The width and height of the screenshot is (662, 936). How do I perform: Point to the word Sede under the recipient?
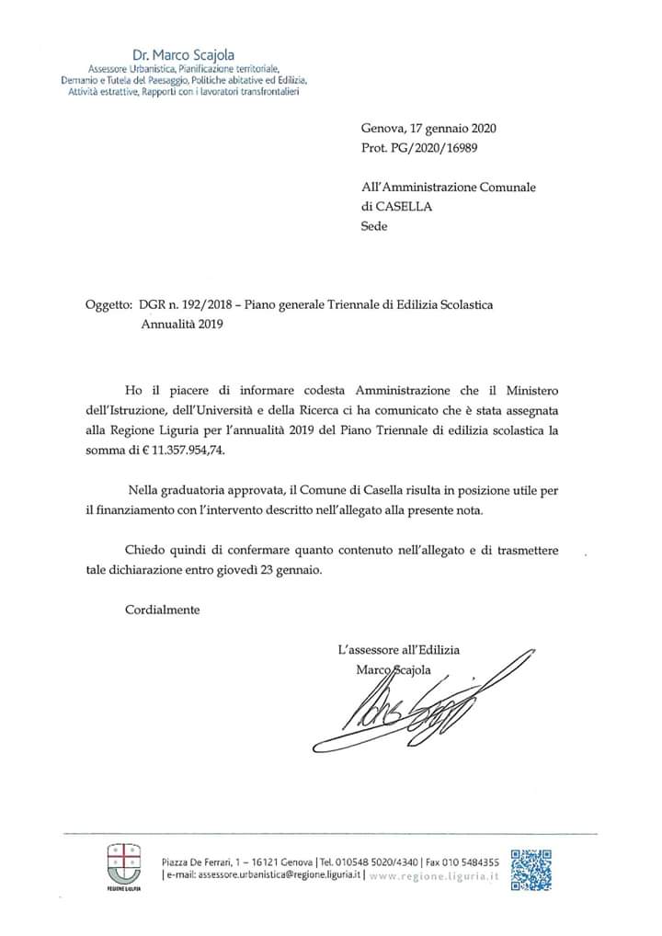click(374, 225)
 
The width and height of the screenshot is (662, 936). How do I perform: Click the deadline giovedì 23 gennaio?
click(272, 569)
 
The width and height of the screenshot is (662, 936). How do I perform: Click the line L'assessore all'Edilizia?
click(398, 650)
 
